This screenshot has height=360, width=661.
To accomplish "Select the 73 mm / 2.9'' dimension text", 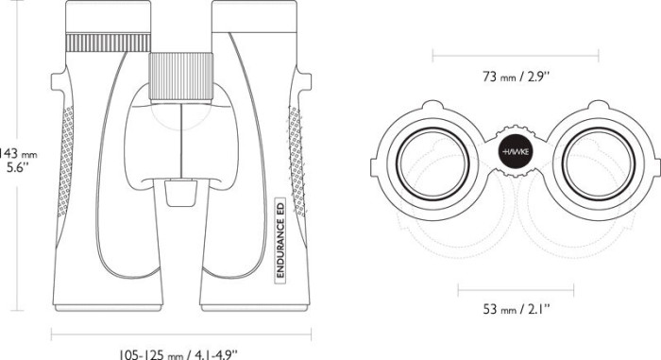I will click(517, 77).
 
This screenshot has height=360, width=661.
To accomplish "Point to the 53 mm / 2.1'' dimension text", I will click(517, 308).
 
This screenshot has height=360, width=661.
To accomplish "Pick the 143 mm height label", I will click(17, 152).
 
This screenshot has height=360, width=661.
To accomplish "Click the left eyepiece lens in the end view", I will click(431, 155).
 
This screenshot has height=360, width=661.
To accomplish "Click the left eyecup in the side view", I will click(108, 16).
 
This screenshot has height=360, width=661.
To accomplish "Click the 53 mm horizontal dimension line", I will click(517, 287).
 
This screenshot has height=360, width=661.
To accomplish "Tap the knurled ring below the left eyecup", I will click(107, 43).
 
